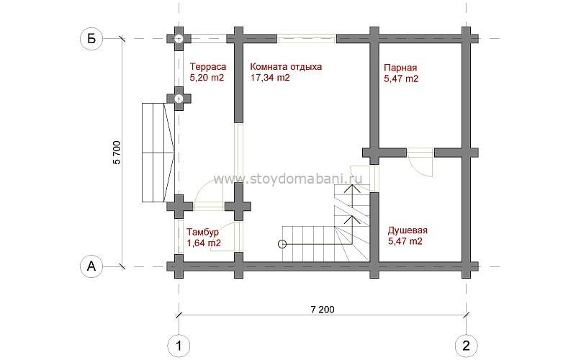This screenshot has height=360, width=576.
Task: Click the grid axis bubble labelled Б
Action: click(91, 38)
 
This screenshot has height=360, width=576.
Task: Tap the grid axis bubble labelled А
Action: click(91, 266)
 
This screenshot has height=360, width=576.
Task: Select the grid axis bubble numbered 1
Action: click(179, 346)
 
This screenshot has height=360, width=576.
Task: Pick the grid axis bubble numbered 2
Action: click(466, 346)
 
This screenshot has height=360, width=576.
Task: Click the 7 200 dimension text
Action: click(323, 310)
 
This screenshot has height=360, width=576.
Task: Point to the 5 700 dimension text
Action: click(117, 152)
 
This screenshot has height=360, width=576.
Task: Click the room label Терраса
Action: click(208, 67)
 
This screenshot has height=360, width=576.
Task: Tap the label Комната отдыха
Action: click(286, 67)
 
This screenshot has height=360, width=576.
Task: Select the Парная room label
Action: click(400, 68)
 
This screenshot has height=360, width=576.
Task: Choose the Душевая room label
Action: click(408, 230)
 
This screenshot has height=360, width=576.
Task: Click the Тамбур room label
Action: click(202, 232)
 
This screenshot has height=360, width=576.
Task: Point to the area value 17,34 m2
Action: click(270, 78)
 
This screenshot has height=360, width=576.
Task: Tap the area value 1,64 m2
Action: click(204, 243)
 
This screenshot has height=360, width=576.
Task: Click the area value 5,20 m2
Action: click(207, 78)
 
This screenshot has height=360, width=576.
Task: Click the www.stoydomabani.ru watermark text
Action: click(288, 179)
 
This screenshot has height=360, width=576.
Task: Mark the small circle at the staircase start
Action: click(282, 244)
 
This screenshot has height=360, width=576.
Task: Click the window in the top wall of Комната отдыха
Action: click(307, 39)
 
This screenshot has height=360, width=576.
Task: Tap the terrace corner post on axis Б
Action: click(179, 39)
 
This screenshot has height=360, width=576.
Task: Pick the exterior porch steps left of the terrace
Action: click(158, 153)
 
